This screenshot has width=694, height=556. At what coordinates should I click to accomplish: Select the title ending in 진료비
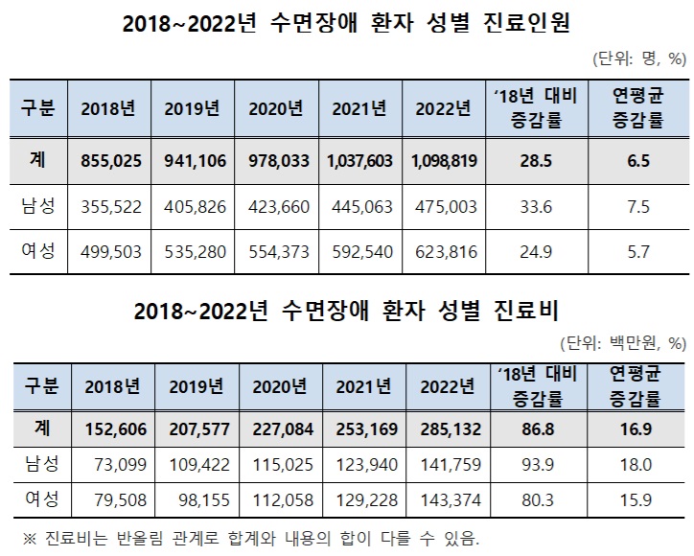(x=346, y=310)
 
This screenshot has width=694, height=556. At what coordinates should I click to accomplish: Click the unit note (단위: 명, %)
(x=638, y=59)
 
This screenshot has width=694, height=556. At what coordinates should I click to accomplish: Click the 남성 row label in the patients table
(x=38, y=207)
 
